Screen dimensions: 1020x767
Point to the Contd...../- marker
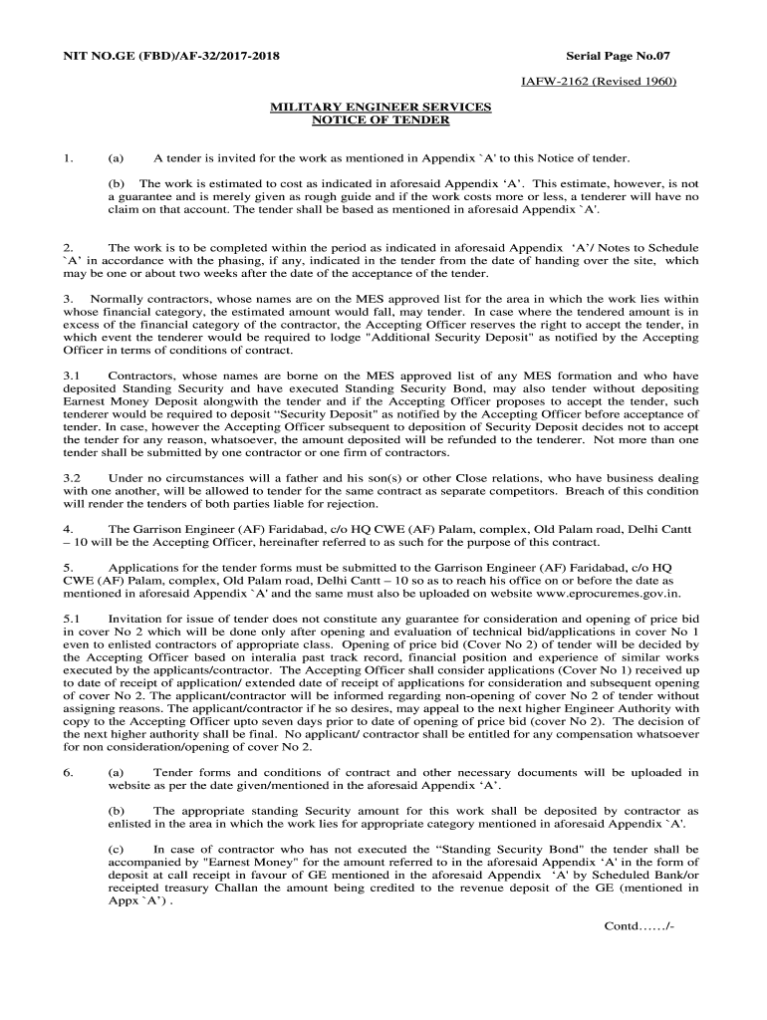point(639,925)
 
